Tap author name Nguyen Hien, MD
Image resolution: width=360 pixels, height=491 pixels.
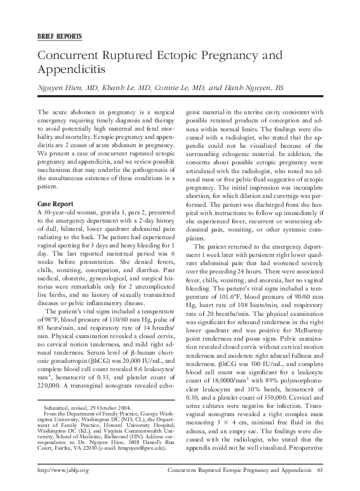[61, 90]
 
